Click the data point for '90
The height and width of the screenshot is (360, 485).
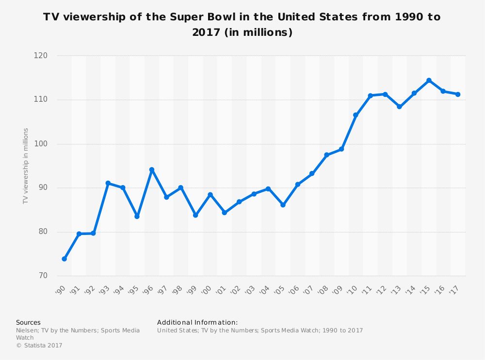tap(64, 259)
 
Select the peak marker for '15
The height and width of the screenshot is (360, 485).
tap(429, 80)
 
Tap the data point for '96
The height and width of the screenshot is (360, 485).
tap(152, 170)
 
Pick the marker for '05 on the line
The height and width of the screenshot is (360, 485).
tap(283, 205)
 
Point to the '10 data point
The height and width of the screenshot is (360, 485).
tap(356, 115)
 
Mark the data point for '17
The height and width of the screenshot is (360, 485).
tap(458, 94)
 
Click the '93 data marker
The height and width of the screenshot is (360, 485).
tap(108, 183)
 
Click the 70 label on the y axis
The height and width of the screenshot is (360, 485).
tap(43, 276)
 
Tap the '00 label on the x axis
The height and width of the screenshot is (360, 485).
tap(207, 290)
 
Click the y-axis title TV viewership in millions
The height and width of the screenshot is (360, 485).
tap(26, 166)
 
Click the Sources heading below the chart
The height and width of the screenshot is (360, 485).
tap(28, 322)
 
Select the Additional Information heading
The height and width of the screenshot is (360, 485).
tap(197, 322)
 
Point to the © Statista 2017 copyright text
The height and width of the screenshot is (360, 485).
tap(39, 345)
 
